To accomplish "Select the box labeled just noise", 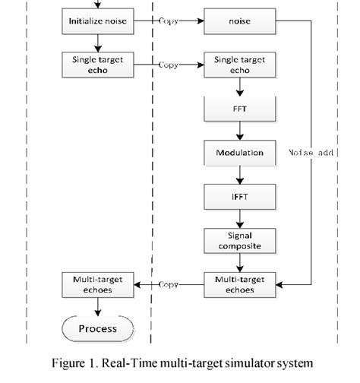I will [239, 21].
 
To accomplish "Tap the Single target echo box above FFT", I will [239, 65].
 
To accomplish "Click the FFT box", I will [239, 109].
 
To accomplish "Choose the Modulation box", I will [239, 153].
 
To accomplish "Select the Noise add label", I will [311, 153].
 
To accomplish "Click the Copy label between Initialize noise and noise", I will [169, 21].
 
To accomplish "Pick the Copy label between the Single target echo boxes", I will [169, 65].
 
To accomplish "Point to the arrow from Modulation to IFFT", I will [239, 174].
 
